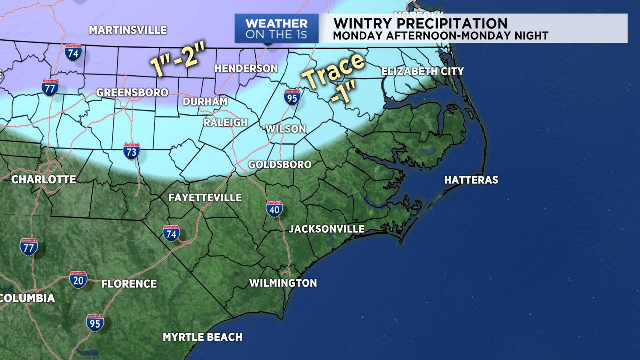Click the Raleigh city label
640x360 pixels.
coord(225,123)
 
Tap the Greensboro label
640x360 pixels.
coord(132,93)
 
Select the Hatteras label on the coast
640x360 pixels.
coord(471,180)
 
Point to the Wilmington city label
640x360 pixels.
coord(283,283)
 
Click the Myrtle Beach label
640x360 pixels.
coord(202,337)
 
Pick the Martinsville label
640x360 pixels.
coord(128,30)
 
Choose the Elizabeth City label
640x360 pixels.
coord(422,71)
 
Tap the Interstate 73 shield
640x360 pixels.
coord(132,151)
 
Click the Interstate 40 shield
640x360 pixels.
coord(274,209)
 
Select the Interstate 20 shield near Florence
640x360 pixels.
coord(78,280)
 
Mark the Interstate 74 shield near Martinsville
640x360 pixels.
coord(73,52)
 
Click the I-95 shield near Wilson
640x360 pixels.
coord(292,97)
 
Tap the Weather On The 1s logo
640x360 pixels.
coord(276,29)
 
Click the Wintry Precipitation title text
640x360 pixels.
coord(420,23)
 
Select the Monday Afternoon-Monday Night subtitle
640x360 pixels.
coord(440,36)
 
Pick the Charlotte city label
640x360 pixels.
coord(44,179)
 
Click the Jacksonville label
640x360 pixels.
coord(326,229)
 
